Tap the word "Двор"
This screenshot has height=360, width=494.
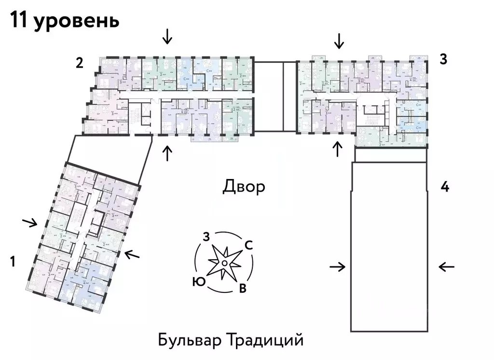tap(244, 186)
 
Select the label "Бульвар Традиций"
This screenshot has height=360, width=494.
tap(231, 340)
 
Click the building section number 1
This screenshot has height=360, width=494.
tap(13, 262)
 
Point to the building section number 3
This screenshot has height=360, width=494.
tap(443, 59)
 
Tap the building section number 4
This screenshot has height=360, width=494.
tap(445, 187)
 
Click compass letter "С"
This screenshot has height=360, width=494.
tap(249, 245)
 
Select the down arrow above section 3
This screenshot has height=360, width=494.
tap(339, 41)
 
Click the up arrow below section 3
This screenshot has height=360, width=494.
tap(338, 149)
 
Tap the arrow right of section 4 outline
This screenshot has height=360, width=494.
tap(447, 266)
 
